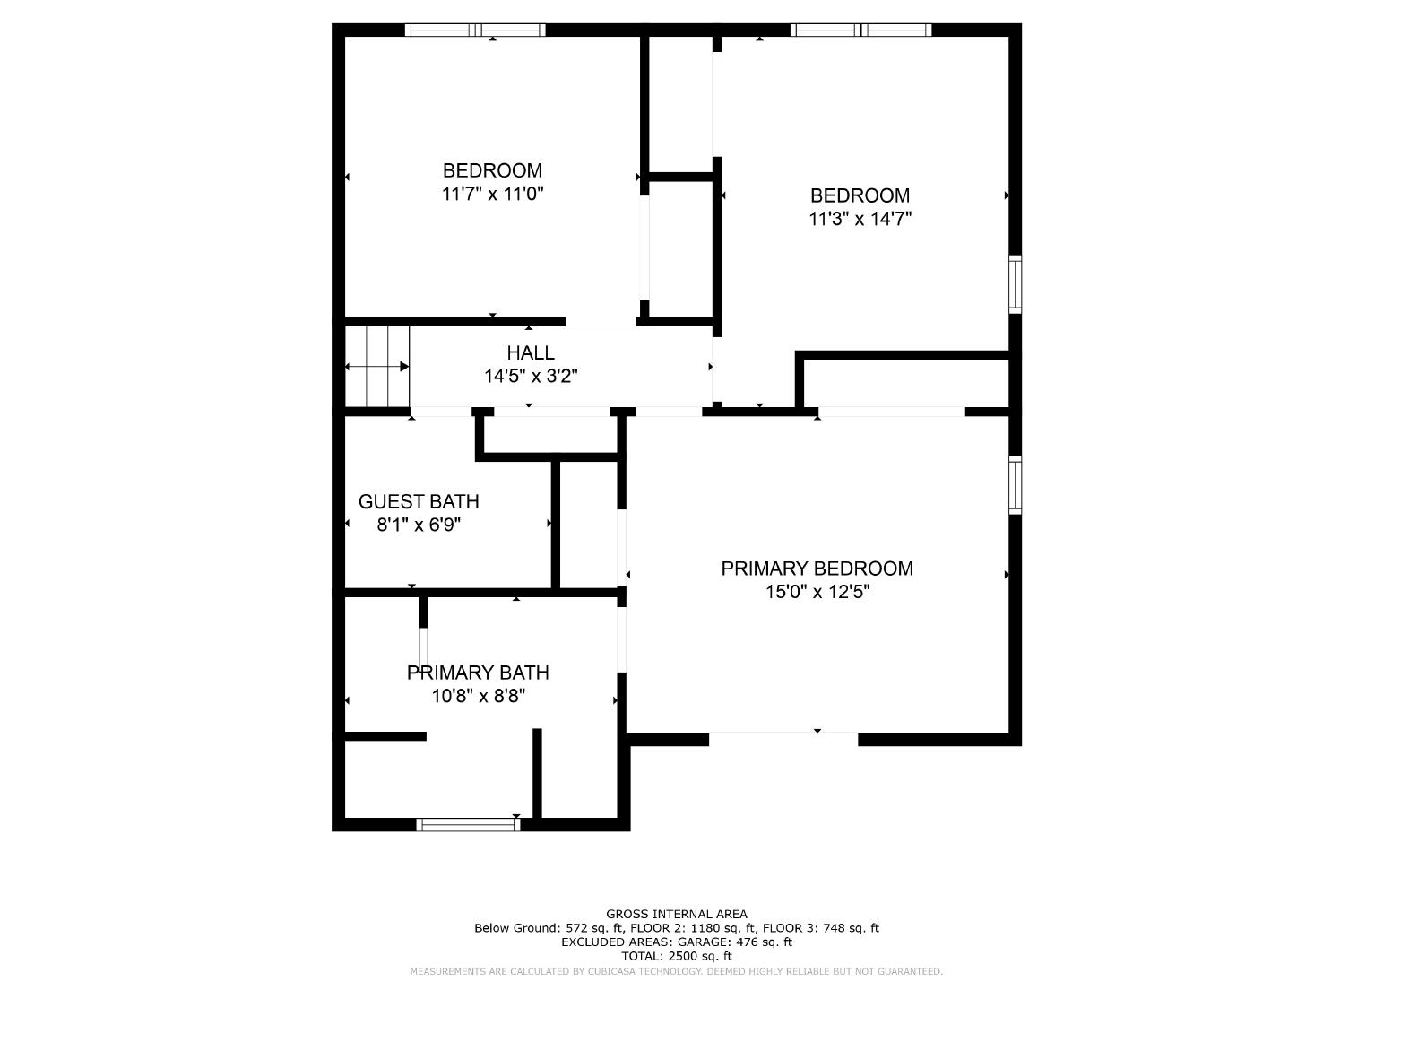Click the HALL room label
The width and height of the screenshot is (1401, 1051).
pos(531,353)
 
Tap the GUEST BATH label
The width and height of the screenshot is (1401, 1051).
pos(419,502)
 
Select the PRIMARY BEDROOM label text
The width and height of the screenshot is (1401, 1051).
pos(817,569)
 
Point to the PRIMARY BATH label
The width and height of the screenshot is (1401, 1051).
pos(478,673)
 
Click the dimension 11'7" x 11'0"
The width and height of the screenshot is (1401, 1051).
pos(492,194)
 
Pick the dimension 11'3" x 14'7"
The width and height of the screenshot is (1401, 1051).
pos(860,219)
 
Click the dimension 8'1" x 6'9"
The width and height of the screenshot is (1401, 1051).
pos(419,525)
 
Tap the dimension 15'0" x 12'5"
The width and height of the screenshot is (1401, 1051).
pos(817,592)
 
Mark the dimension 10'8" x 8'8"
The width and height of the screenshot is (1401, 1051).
pos(478,696)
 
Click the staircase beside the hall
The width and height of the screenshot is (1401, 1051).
pos(378,367)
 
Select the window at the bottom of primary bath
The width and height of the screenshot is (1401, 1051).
pos(468,825)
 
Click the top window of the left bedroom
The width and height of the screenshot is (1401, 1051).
pos(475,30)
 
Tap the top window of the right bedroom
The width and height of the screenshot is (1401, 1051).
pos(860,30)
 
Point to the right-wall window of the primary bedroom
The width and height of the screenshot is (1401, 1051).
pos(1015,485)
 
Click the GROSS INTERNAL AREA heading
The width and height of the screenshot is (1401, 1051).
pos(677,915)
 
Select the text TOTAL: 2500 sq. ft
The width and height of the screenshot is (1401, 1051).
pos(677,957)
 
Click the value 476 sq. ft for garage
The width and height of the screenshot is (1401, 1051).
pos(758,942)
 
